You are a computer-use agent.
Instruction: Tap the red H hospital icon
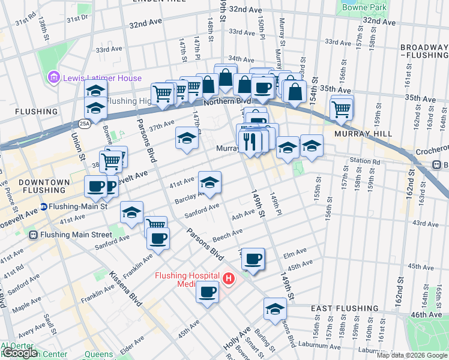click(x=229, y=279)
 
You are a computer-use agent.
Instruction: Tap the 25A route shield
click(x=85, y=124)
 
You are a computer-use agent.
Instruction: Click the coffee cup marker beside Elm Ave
click(x=253, y=259)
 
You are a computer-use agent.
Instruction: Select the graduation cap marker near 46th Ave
click(x=275, y=309)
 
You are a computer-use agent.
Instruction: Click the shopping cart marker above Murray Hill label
click(x=341, y=108)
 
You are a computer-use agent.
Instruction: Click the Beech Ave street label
click(x=227, y=234)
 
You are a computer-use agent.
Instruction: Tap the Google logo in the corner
click(x=19, y=353)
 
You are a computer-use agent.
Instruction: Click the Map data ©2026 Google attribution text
click(x=411, y=355)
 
